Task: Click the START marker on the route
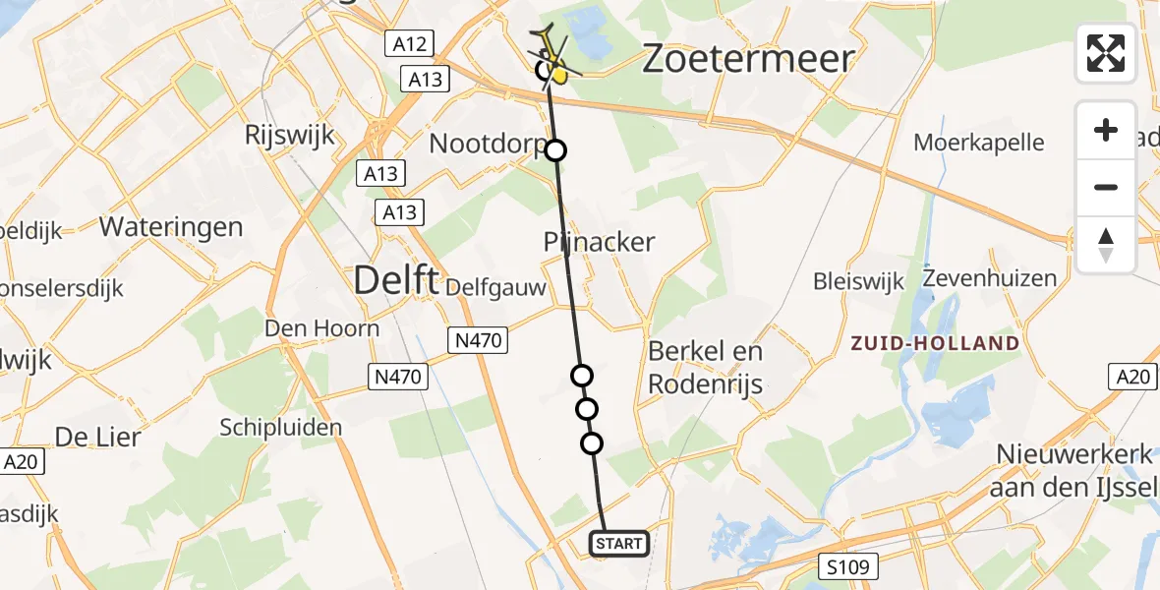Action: [x=619, y=543]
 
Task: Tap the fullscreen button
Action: [x=1106, y=53]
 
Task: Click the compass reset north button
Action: [x=1106, y=245]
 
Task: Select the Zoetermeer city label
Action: [x=747, y=59]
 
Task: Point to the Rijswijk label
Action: [x=290, y=135]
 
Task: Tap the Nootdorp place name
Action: [x=487, y=145]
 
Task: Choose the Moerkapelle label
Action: [x=979, y=142]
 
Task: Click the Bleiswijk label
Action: [x=858, y=282]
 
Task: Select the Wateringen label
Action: [x=171, y=227]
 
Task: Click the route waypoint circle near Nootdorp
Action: [x=556, y=150]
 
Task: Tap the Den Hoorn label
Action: [x=321, y=327]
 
